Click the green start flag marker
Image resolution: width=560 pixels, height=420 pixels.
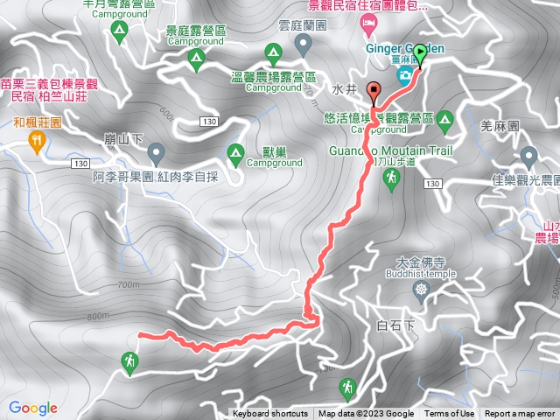(420, 52)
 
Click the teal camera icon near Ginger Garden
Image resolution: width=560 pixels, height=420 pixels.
(404, 76)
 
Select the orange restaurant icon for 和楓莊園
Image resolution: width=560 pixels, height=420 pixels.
(38, 143)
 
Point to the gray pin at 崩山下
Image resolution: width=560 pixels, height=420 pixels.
(156, 154)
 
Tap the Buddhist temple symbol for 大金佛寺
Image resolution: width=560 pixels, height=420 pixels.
(423, 289)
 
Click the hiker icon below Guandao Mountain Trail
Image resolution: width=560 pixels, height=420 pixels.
(391, 178)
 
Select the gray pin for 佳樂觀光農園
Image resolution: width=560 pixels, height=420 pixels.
(528, 157)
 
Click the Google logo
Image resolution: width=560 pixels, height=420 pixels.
(33, 408)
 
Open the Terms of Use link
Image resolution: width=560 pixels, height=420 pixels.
(449, 414)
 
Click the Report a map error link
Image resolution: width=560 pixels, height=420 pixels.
(520, 414)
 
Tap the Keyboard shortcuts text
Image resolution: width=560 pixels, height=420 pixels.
(270, 414)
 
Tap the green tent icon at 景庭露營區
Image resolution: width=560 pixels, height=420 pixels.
(197, 59)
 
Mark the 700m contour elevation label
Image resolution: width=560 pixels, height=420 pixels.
(127, 285)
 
